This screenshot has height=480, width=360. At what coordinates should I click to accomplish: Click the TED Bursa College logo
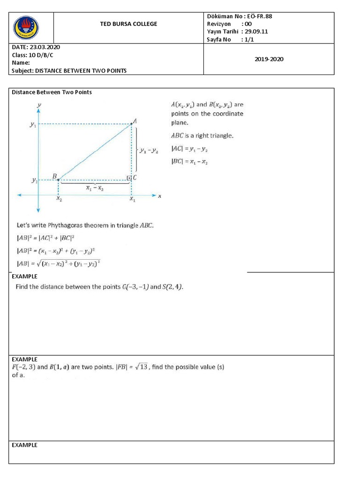coord(26,28)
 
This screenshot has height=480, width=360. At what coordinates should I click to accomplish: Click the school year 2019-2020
coord(269,59)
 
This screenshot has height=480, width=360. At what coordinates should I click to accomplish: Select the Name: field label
coord(21,63)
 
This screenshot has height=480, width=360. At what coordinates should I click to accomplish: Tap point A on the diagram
coord(132,123)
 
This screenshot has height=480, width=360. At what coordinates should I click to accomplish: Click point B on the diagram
coord(58,179)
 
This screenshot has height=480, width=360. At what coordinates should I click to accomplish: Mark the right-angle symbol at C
coord(129,178)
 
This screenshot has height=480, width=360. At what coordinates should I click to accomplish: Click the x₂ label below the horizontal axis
coord(59,199)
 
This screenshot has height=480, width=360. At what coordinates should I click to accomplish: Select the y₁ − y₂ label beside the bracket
coord(149,150)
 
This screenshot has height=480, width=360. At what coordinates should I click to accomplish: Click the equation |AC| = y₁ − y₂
coord(189,149)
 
